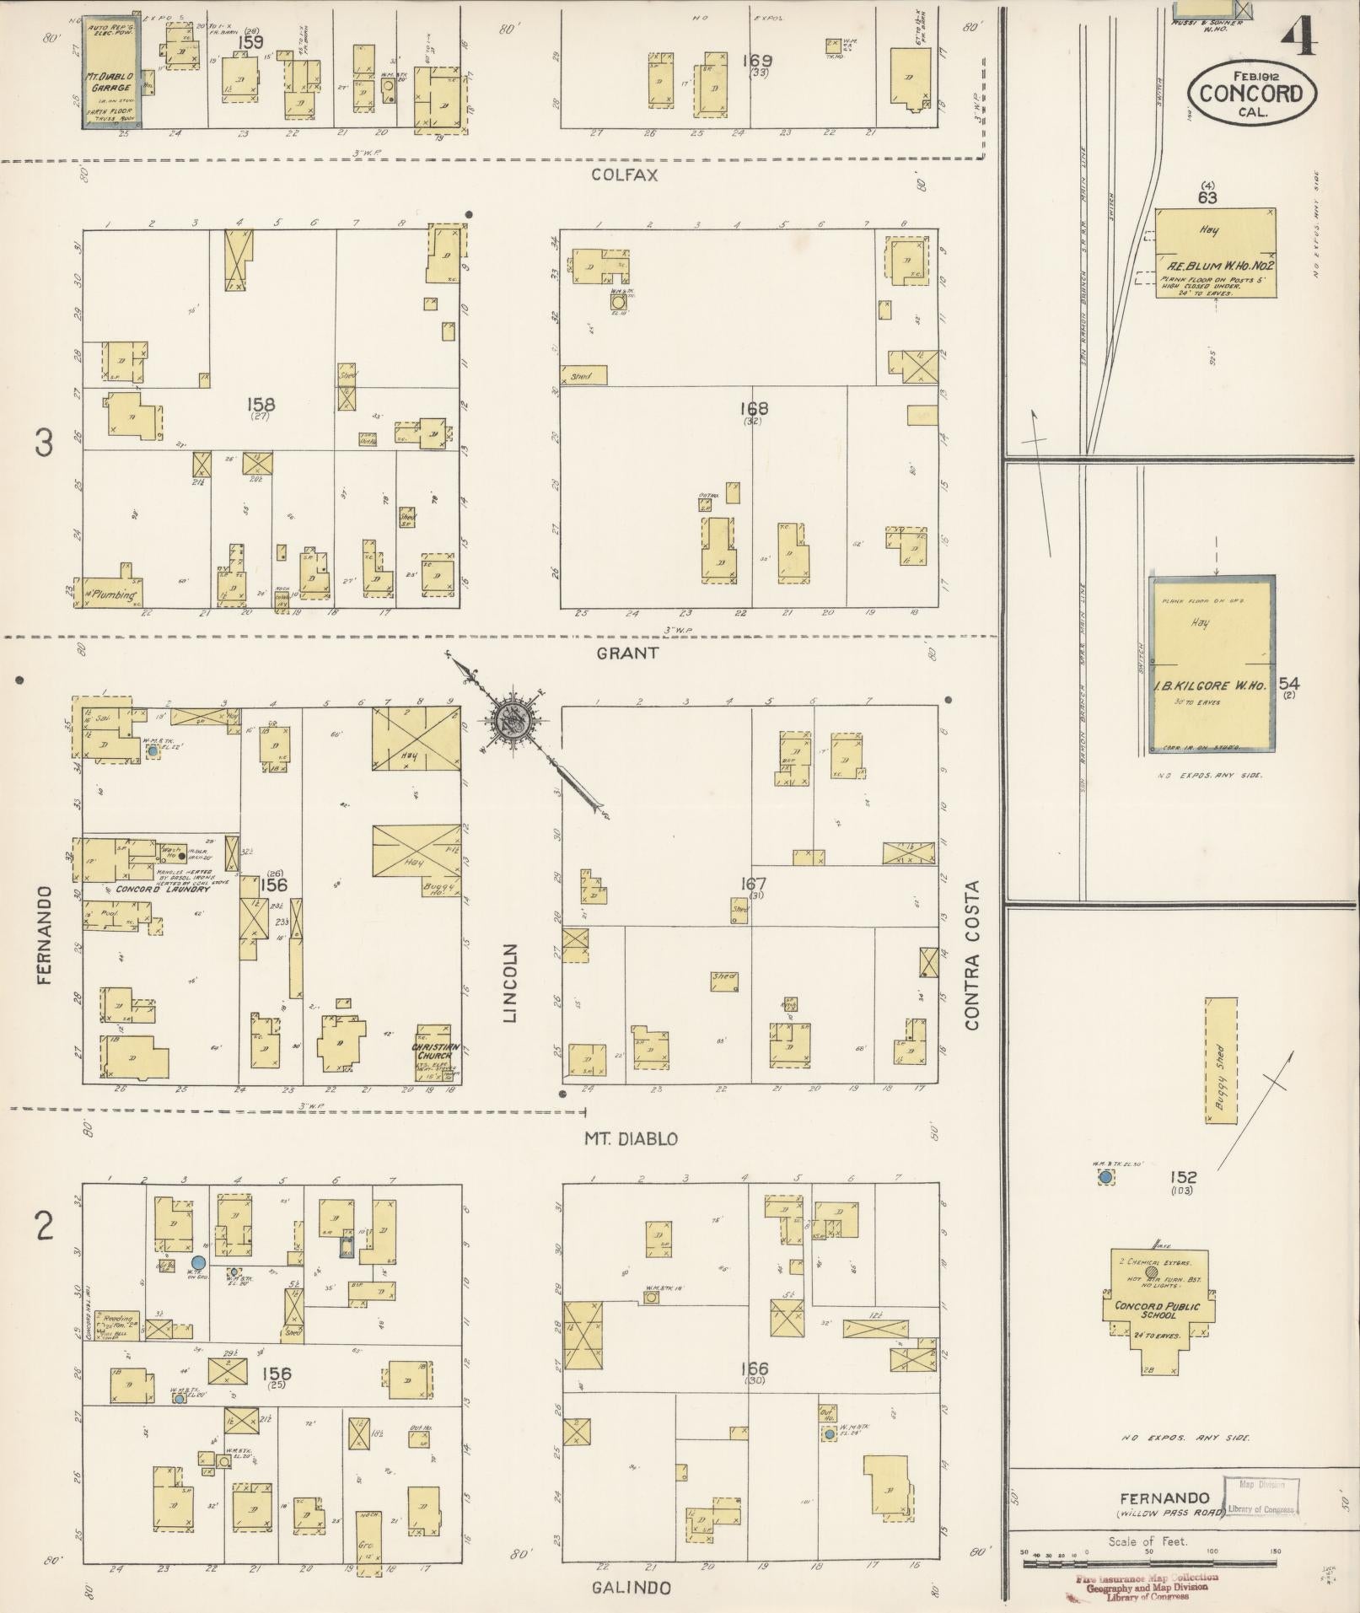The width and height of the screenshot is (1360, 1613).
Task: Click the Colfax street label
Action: coord(625,175)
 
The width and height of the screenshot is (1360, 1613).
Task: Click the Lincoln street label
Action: coord(509,983)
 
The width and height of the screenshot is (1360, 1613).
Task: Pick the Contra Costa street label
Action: coord(972,954)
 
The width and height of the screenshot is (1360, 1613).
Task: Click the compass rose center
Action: coord(513,719)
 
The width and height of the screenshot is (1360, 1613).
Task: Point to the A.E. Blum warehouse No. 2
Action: coord(1215,252)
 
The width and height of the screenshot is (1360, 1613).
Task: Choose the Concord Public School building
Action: coord(1158,1309)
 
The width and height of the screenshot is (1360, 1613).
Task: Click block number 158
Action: coord(256,406)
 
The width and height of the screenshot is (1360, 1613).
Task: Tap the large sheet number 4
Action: coord(1299,33)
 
